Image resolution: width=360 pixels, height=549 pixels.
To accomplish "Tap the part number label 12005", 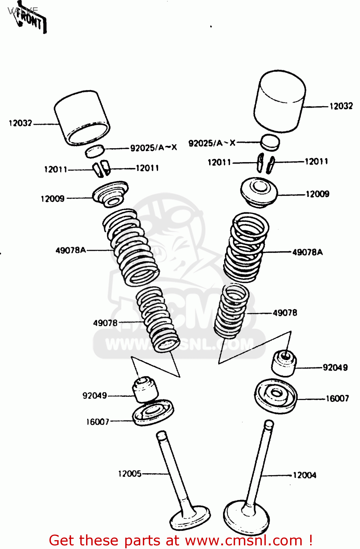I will point(129,474).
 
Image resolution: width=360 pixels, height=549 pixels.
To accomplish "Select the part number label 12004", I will point(304,475).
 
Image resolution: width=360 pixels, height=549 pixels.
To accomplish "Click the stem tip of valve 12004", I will point(269,425).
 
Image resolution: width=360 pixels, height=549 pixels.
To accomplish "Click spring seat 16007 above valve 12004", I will point(276,396).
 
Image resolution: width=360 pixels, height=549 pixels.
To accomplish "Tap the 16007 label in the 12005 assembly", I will point(97,422).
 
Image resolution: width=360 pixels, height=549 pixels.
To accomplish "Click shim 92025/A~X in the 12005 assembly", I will point(95,150).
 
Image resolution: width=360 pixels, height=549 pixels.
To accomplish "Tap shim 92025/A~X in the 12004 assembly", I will point(270,142).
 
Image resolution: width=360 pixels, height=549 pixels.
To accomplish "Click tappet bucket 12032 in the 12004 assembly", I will point(280,101).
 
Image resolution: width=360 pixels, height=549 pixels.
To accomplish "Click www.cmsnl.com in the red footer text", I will point(244,540).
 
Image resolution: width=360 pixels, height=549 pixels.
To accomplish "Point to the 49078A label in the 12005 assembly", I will point(70,250).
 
